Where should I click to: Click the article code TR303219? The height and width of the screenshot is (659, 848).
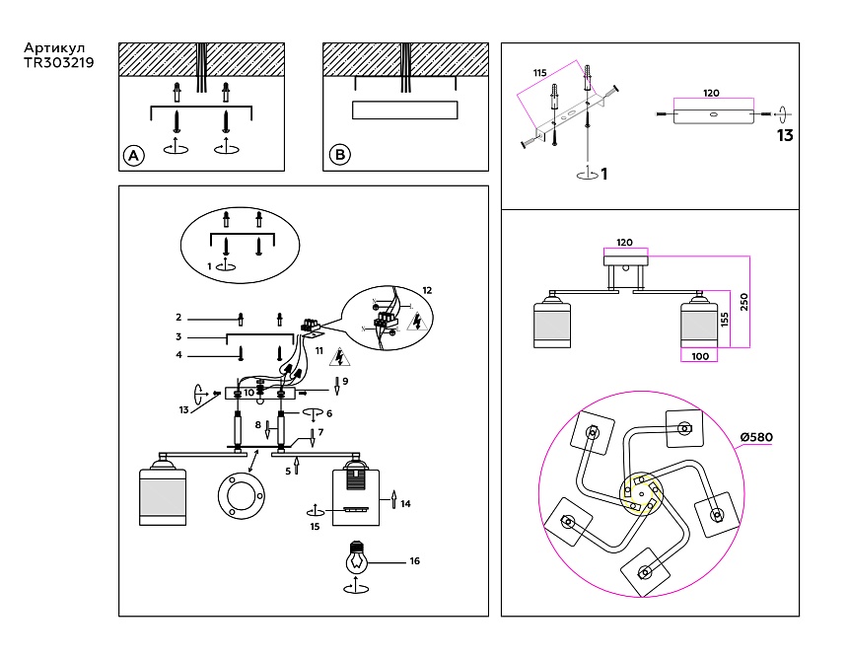click(x=58, y=61)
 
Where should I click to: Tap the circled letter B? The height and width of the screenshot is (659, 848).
click(x=339, y=155)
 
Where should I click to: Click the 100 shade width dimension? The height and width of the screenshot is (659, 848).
click(x=698, y=355)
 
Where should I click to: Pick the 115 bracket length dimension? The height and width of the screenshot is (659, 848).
click(x=539, y=73)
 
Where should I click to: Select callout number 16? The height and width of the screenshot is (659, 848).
click(x=414, y=560)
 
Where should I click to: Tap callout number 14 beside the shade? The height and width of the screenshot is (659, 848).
click(x=405, y=503)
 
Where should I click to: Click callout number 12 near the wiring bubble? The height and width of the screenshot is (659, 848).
click(x=427, y=290)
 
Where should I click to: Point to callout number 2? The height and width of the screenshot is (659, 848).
click(x=178, y=319)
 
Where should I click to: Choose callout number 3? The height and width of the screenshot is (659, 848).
click(x=178, y=336)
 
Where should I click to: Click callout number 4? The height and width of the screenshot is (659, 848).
click(x=178, y=354)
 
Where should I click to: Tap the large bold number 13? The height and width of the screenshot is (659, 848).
click(x=785, y=135)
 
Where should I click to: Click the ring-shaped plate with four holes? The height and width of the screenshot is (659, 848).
click(x=242, y=496)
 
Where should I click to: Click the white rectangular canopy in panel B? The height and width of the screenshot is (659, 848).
click(x=404, y=109)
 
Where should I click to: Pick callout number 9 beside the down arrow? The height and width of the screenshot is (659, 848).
click(x=345, y=381)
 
